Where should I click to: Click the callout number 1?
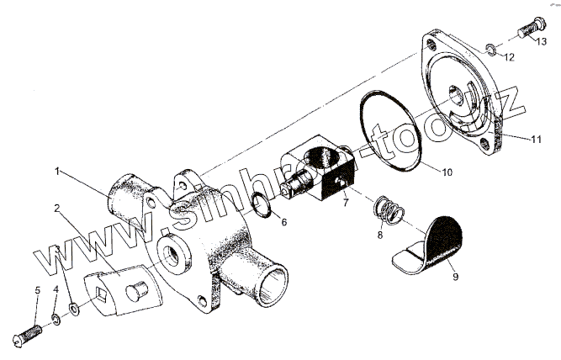[x=58, y=171]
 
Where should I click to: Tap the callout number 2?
[x=57, y=207]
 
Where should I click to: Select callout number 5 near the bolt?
[x=37, y=290]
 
